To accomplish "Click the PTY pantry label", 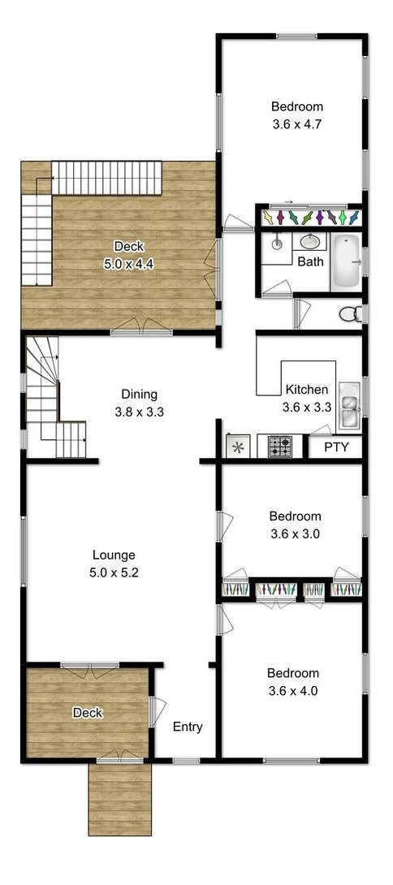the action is click(x=336, y=448).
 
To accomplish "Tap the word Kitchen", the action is click(x=306, y=390).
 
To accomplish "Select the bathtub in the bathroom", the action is click(x=345, y=262).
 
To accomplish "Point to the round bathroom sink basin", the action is click(x=309, y=242).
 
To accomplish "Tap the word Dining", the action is click(x=139, y=395).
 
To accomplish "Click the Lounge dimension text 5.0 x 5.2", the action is click(x=114, y=573).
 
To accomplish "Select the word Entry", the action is click(x=188, y=727).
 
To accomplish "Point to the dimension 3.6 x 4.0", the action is click(x=293, y=690).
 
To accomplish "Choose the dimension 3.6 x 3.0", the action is click(x=296, y=533).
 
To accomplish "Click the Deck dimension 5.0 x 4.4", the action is click(x=129, y=264).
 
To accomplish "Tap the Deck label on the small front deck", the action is click(x=88, y=713).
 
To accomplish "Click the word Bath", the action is click(x=310, y=262).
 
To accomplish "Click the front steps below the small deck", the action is click(x=119, y=799).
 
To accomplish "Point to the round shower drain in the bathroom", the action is click(x=277, y=244).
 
